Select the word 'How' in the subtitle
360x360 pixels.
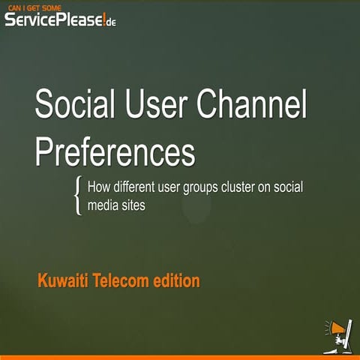pyautogui.click(x=99, y=187)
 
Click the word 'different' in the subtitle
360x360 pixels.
pyautogui.click(x=136, y=187)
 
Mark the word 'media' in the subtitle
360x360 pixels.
pyautogui.click(x=104, y=204)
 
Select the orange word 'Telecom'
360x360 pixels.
pyautogui.click(x=126, y=282)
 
